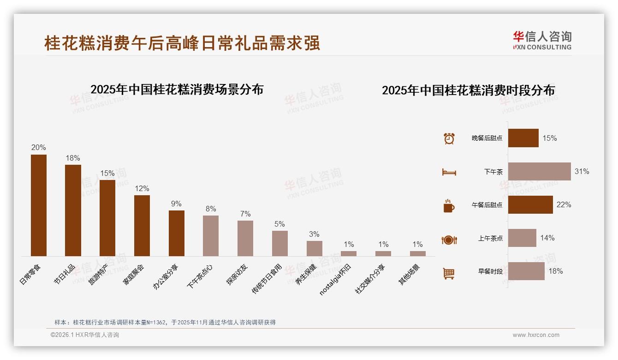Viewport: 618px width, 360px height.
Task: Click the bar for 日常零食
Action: [x=39, y=205]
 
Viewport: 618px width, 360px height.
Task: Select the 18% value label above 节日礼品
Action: [x=73, y=158]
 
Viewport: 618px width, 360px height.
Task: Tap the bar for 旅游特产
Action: [x=107, y=218]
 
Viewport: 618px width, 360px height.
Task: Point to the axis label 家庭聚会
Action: [x=134, y=275]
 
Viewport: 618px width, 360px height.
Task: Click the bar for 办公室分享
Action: [x=177, y=233]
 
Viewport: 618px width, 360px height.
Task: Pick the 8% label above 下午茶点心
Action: [x=211, y=209]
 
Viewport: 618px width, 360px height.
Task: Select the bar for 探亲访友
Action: [x=245, y=238]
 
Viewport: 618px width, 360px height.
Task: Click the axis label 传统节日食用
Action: [x=267, y=278]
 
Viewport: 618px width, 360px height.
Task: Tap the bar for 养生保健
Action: [x=315, y=248]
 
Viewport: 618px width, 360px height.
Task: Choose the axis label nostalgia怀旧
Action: [x=336, y=280]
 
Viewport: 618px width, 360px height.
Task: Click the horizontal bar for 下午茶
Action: [x=539, y=171]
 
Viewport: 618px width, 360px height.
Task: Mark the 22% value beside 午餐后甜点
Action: [x=564, y=204]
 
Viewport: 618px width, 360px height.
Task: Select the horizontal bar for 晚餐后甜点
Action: [x=523, y=138]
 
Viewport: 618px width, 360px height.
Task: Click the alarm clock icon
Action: [x=449, y=138]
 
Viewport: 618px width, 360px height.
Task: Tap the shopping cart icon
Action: [x=449, y=273]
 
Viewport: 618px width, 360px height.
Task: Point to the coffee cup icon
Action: [x=449, y=206]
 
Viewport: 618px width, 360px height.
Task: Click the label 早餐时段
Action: [x=490, y=271]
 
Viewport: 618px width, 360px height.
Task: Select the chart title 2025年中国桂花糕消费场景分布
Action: [x=177, y=90]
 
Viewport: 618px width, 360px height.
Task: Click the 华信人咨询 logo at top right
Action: [x=542, y=40]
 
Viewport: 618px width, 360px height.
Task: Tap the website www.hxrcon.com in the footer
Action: [x=535, y=335]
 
